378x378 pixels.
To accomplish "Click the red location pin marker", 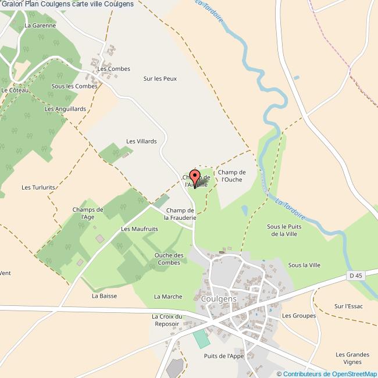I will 195,177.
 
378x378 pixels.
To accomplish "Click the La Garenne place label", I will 40,26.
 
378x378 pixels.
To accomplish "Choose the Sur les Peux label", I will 160,79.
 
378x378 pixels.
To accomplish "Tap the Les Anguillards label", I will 65,109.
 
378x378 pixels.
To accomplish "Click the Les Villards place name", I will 142,141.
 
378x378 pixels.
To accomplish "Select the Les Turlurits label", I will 38,187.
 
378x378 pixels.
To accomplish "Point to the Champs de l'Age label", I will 88,213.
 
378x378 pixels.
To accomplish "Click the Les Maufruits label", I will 140,229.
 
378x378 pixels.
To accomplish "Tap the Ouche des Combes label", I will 169,259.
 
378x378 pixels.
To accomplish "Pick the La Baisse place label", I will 104,295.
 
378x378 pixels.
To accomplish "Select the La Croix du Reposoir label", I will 167,320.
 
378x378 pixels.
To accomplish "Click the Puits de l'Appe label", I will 224,356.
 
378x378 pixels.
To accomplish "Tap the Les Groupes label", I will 299,316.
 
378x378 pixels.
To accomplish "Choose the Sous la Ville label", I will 304,265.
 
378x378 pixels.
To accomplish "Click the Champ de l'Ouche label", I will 231,176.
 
